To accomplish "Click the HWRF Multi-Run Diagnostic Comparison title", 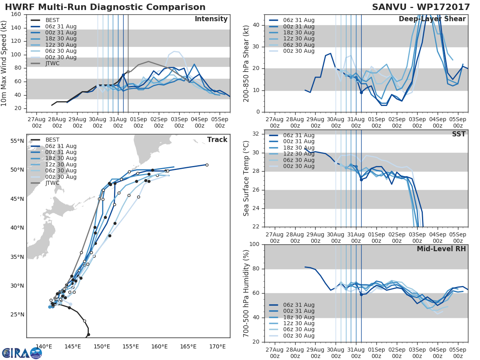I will click(105, 7).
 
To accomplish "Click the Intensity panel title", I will click(211, 19).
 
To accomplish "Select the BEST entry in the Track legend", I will click(52, 140).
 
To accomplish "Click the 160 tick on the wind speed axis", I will click(16, 14).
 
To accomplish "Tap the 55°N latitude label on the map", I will click(17, 141).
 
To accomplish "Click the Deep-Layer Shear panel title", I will click(432, 19).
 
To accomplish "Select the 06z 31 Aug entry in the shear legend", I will click(298, 20).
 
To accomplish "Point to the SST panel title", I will click(458, 134).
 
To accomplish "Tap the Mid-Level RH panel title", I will click(441, 249).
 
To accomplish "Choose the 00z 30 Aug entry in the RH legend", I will click(298, 336).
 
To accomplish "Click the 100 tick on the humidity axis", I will click(254, 244).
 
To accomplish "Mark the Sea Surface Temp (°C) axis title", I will click(246, 178).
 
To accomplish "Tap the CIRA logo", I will click(22, 353).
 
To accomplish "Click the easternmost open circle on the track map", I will click(207, 165).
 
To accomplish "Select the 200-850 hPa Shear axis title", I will click(246, 63).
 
